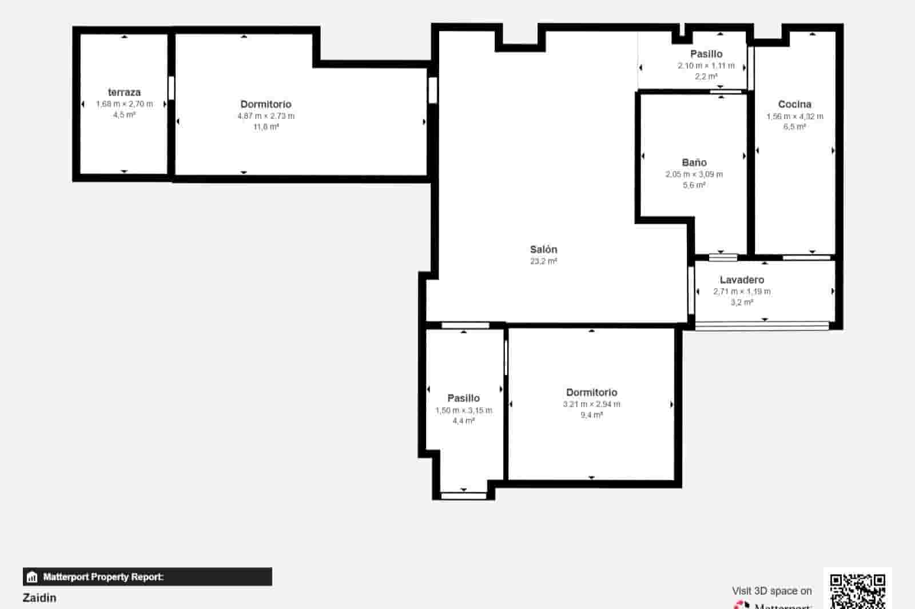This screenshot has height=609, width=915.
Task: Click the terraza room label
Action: point(124,92)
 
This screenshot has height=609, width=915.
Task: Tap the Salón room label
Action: point(543,249)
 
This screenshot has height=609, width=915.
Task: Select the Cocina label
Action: point(794,104)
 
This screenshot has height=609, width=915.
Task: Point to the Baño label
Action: point(694,162)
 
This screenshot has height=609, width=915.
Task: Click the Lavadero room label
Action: point(742,280)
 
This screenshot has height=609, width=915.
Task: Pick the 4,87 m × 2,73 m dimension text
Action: point(266,116)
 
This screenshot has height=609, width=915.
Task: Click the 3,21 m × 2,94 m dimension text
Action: point(591,404)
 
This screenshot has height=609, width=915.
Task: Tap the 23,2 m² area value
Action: point(543,261)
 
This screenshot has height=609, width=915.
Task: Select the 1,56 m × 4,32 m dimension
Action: point(795,116)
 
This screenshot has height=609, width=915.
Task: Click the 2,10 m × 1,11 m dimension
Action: point(706,66)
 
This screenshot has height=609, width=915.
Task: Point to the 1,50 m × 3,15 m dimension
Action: point(463,410)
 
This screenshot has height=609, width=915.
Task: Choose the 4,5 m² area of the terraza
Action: point(124,115)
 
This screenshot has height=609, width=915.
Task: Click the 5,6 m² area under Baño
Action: point(694,185)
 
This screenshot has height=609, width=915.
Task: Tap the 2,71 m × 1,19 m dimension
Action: point(742,292)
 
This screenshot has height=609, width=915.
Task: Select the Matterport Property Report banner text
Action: point(103,577)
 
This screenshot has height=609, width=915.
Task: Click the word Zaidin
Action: point(39,598)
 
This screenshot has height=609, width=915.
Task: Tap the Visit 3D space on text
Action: point(771,591)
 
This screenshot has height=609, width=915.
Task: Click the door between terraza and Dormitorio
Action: point(171,89)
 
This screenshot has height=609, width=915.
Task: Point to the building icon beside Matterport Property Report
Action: point(32,577)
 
